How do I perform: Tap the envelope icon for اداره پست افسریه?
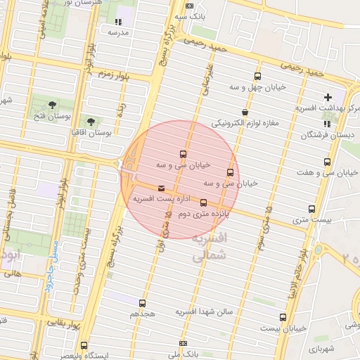point(162,188)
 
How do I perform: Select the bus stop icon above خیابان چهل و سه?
point(258,76)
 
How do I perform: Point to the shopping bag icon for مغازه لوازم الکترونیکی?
point(244,112)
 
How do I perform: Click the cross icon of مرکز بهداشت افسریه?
point(328,96)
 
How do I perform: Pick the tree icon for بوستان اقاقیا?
point(90,120)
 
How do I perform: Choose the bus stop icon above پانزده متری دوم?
point(204,202)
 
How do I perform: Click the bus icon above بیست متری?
point(312,209)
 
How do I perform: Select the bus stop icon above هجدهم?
point(143,303)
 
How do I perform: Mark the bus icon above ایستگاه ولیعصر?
point(84,345)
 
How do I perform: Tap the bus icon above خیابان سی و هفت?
point(327,162)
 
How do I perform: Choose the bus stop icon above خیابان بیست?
point(283,317)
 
